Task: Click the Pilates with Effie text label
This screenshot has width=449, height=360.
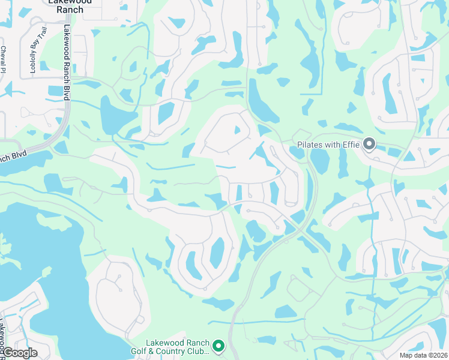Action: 328,145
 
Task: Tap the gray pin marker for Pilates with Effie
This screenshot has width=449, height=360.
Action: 369,144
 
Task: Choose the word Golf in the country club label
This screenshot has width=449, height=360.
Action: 140,351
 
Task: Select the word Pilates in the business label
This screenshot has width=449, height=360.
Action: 310,145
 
